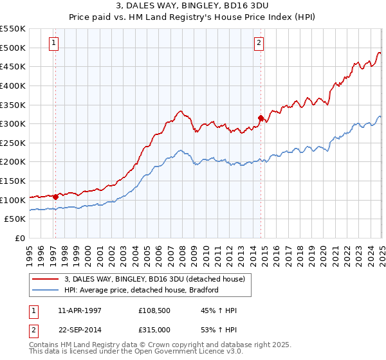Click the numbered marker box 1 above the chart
[53, 44]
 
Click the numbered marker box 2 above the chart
[259, 44]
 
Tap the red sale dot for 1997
[56, 196]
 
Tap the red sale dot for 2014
[261, 118]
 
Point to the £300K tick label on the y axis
[14, 123]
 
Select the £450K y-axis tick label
[14, 66]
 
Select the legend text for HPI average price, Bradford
[142, 290]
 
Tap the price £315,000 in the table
[154, 329]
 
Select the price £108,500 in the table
[154, 310]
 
